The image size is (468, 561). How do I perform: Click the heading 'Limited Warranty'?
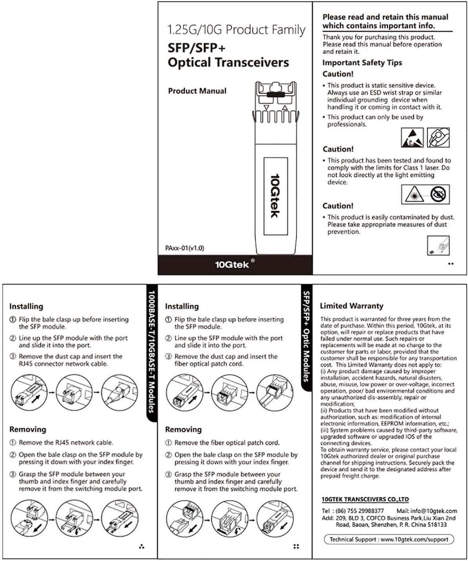[351, 306]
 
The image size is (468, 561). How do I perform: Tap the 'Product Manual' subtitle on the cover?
[197, 91]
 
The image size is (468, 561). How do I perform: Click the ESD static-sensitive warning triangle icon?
[412, 137]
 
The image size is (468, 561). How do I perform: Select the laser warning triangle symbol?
[414, 194]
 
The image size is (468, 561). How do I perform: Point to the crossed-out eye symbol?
[438, 194]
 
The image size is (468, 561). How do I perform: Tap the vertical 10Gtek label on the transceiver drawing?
[275, 196]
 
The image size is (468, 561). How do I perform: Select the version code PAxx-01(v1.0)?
[185, 248]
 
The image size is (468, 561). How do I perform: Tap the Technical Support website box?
[389, 539]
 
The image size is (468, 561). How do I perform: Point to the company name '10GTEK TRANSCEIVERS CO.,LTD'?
[365, 499]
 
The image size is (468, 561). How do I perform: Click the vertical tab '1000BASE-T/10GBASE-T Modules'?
[151, 352]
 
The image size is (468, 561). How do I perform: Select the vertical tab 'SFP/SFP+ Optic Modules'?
[306, 336]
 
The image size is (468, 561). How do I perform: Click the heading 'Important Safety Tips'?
[362, 63]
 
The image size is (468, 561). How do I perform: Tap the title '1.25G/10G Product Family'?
[236, 29]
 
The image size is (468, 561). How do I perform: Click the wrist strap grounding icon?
[438, 137]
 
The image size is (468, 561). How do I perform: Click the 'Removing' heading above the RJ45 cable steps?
[28, 429]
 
